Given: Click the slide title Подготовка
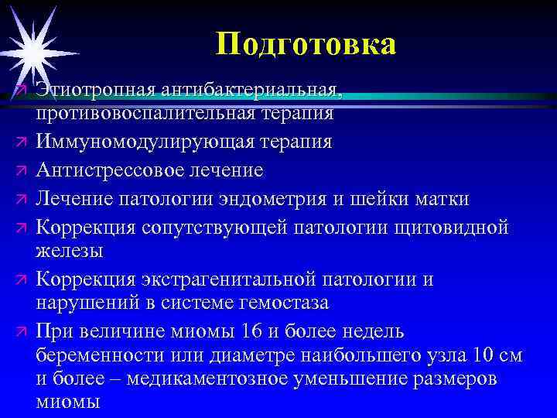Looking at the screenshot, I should [306, 43].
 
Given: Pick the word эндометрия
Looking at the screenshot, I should [286, 198].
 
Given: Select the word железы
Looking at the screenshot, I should [69, 252].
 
